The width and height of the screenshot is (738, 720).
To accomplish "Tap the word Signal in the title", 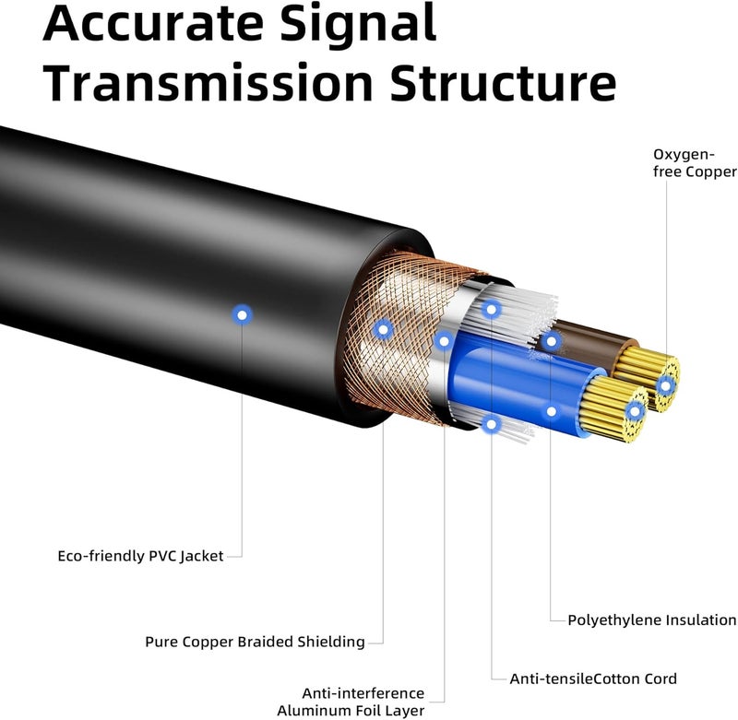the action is tap(358, 25).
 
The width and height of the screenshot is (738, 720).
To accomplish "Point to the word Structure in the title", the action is tap(503, 83).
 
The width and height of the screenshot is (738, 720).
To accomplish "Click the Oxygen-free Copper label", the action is tap(695, 163).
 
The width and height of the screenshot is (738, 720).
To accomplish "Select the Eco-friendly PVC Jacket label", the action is tap(140, 556).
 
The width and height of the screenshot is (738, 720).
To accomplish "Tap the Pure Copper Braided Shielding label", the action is tap(255, 642).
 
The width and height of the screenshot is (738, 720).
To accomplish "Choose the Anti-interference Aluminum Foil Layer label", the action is tap(351, 702).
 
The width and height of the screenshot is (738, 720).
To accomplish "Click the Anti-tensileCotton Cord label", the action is tap(593, 679).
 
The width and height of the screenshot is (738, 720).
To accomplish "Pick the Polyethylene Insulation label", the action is tap(652, 620).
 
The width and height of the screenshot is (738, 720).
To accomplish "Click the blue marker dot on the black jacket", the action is tap(242, 315).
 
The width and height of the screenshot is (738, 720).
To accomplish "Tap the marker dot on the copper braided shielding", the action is tap(383, 330).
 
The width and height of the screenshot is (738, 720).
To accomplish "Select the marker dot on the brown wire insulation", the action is tap(551, 341).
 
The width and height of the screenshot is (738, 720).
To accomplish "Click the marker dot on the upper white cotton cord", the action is tap(492, 310).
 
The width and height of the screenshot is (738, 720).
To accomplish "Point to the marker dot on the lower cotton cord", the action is tap(492, 425).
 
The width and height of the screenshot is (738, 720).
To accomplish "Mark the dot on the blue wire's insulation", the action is tap(551, 412).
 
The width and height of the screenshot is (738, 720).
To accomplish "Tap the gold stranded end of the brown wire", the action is tap(649, 378).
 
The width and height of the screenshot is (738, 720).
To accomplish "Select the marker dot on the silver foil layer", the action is tap(444, 340).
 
